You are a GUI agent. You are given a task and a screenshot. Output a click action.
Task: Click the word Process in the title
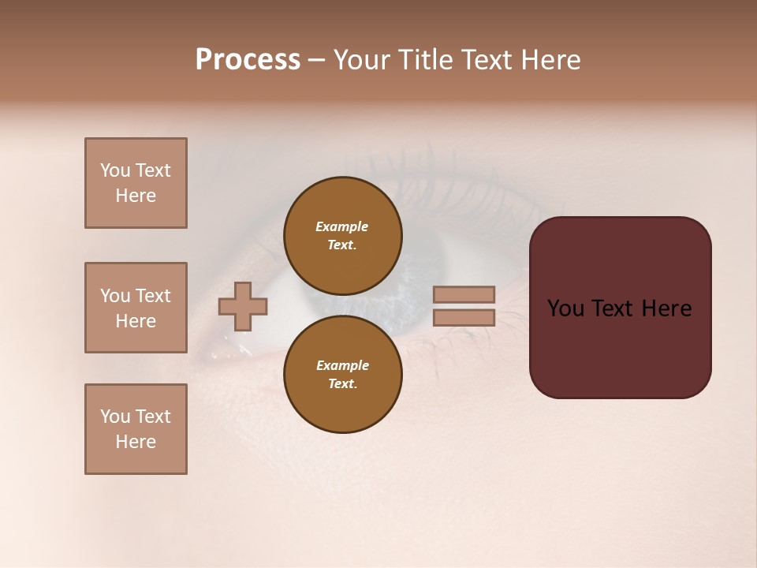[248, 60]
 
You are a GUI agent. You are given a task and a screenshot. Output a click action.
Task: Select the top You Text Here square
[136, 183]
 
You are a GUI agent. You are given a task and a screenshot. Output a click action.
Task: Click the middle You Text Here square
[136, 308]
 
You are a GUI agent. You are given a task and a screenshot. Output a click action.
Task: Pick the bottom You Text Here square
[136, 429]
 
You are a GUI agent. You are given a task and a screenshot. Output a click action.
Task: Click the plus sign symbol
[243, 306]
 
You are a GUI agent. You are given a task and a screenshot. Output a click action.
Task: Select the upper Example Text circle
[343, 236]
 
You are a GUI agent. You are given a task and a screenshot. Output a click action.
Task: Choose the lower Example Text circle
[343, 375]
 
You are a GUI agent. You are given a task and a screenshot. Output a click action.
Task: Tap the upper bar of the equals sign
[464, 295]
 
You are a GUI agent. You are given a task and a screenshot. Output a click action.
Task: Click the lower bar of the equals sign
[464, 318]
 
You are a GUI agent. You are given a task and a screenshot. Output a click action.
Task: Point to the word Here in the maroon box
[666, 308]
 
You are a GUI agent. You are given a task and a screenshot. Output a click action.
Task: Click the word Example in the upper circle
[342, 226]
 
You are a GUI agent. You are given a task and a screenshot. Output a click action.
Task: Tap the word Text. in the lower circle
[342, 384]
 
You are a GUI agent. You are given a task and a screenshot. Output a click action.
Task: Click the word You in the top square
[114, 170]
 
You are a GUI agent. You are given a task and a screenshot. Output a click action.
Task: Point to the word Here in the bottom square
[136, 442]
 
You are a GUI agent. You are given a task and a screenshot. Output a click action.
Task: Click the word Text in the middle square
[153, 296]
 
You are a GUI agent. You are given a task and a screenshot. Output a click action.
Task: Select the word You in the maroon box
[565, 308]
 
